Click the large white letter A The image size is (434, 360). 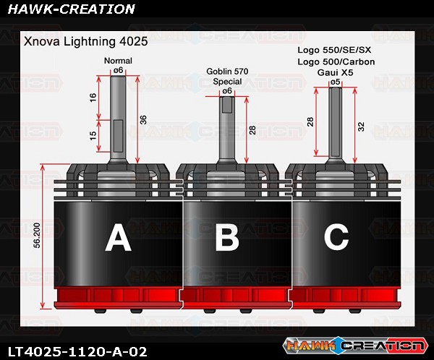tap(118, 239)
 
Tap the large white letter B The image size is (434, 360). tap(227, 237)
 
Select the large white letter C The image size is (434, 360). tap(336, 236)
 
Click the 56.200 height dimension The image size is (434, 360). tap(38, 236)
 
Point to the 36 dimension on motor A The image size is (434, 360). tap(143, 119)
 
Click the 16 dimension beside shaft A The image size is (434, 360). tap(93, 98)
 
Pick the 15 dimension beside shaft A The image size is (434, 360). tap(93, 135)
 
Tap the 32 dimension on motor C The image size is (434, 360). tap(362, 127)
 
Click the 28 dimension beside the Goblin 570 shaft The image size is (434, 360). tap(252, 130)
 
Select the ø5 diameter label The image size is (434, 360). tap(335, 82)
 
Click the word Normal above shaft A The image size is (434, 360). tap(118, 61)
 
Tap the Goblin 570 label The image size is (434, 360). tap(227, 72)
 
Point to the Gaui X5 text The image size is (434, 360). tap(335, 72)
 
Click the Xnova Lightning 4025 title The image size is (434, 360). tap(86, 41)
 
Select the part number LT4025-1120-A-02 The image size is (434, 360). tap(77, 352)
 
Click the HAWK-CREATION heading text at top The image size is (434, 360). tap(71, 9)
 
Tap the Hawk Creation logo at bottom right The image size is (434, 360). tap(355, 346)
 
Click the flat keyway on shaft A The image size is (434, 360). tap(118, 136)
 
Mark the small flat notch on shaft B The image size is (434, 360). tap(227, 106)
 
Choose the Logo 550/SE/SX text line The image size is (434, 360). tap(334, 50)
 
